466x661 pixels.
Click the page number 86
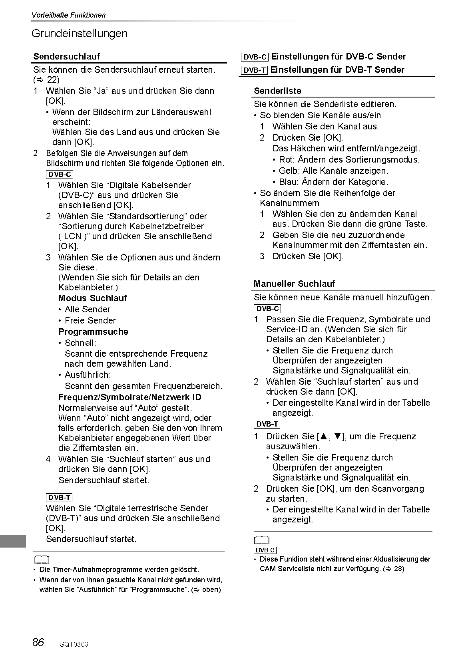(38, 642)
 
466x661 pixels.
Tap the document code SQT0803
(74, 644)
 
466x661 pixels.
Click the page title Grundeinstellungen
(80, 34)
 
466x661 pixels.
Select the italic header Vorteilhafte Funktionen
(68, 15)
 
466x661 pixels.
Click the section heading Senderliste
(277, 91)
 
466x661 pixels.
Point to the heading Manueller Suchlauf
(294, 284)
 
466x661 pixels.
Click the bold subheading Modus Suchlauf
(93, 298)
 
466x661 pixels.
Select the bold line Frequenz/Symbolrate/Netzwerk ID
(130, 397)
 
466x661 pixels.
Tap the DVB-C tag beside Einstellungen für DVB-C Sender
(255, 57)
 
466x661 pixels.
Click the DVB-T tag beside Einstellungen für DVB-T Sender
(255, 70)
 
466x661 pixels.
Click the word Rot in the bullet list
(286, 160)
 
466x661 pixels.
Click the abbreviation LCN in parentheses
(72, 236)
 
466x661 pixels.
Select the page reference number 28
(398, 569)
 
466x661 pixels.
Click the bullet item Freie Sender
(90, 321)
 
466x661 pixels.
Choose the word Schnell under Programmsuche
(80, 343)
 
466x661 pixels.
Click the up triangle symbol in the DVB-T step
(323, 437)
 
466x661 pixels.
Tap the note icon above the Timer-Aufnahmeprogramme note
(41, 560)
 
